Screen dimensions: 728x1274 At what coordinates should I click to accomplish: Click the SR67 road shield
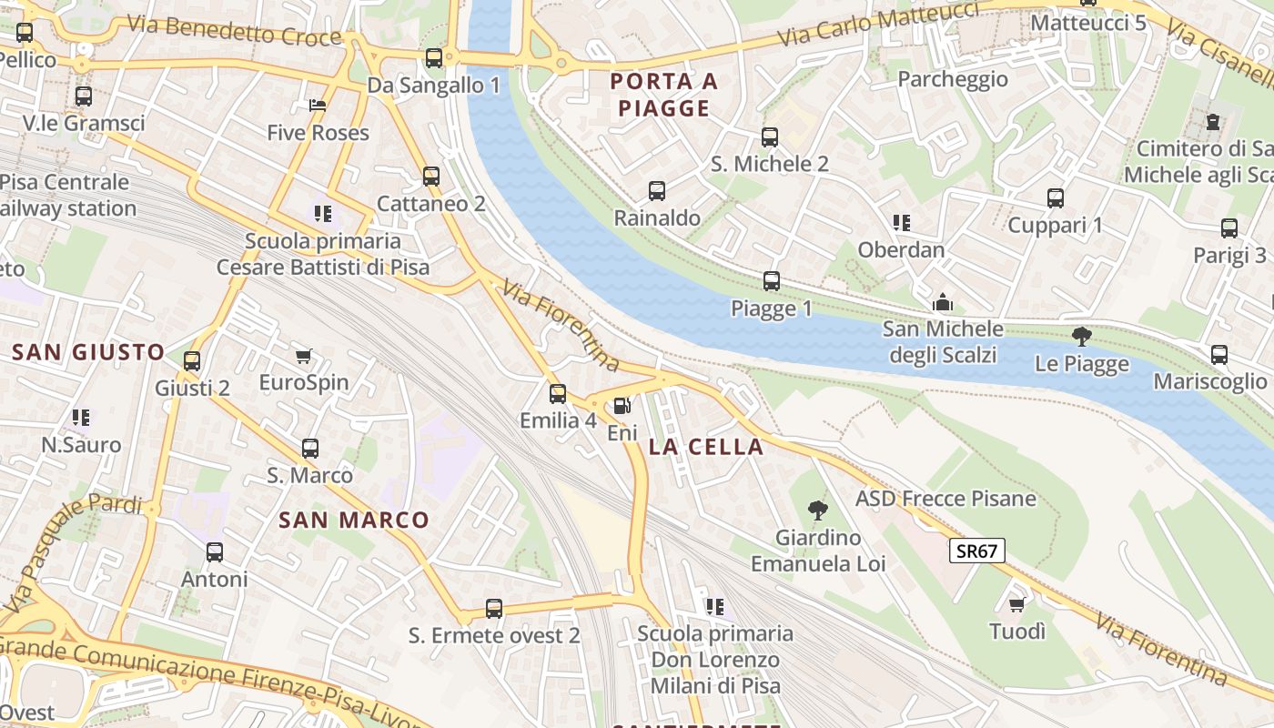point(977,551)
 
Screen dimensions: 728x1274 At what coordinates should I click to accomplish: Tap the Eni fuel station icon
point(622,407)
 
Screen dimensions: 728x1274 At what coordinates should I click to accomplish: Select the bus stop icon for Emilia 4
point(558,394)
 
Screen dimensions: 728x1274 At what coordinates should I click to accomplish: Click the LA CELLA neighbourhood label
point(706,447)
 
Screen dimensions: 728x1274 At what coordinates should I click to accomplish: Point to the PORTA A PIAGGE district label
point(663,95)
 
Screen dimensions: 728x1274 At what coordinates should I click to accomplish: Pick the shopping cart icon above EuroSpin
point(304,356)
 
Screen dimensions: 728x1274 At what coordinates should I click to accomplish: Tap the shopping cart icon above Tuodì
point(1017,604)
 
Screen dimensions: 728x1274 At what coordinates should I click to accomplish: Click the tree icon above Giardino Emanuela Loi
point(818,511)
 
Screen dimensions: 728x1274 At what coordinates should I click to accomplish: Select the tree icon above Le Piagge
point(1082,338)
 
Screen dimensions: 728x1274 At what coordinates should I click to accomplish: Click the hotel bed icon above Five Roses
point(318,106)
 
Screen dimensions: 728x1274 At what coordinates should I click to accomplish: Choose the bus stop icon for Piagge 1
point(772,281)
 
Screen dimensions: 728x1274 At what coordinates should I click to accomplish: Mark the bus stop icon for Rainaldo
point(657,191)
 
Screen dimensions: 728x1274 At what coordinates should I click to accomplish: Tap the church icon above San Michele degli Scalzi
point(943,301)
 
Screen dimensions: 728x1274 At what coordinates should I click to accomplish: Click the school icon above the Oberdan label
point(902,223)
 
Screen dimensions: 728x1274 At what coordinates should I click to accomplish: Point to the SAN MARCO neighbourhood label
point(353,521)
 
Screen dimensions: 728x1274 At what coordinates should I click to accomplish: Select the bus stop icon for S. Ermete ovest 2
point(494,609)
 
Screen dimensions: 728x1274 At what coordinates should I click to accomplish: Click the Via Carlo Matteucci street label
point(879,25)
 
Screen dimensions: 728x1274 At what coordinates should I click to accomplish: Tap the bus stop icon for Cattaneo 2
point(431,177)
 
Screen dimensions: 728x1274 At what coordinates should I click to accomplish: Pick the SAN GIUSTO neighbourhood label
point(88,352)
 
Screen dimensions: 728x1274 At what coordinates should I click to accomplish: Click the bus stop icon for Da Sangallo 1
point(434,58)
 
